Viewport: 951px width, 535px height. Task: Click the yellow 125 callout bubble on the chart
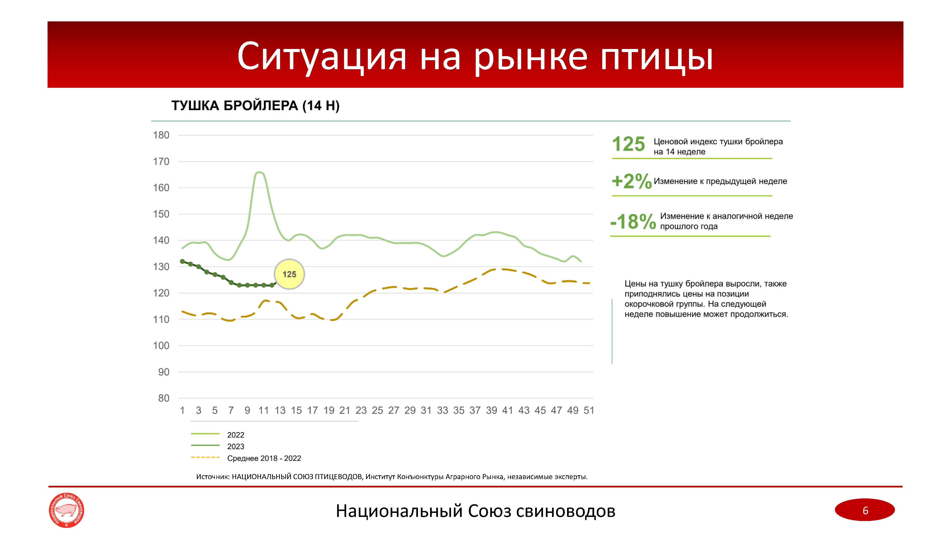(289, 274)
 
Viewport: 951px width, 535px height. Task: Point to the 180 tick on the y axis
(161, 135)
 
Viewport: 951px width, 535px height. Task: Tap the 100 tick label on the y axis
(161, 345)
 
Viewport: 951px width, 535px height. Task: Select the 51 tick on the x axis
(589, 410)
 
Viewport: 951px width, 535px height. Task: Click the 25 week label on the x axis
(377, 410)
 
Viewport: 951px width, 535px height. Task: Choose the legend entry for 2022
(218, 435)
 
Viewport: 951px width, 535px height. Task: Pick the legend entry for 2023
(218, 446)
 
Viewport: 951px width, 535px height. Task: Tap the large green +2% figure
(632, 181)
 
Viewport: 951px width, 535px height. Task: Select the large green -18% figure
(633, 222)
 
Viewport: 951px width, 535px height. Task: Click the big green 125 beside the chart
(628, 144)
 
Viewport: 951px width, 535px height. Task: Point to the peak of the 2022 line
(260, 172)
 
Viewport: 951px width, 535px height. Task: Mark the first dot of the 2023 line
(182, 261)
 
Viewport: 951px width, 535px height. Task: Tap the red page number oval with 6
(865, 510)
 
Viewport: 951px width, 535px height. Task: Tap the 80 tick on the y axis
(164, 398)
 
